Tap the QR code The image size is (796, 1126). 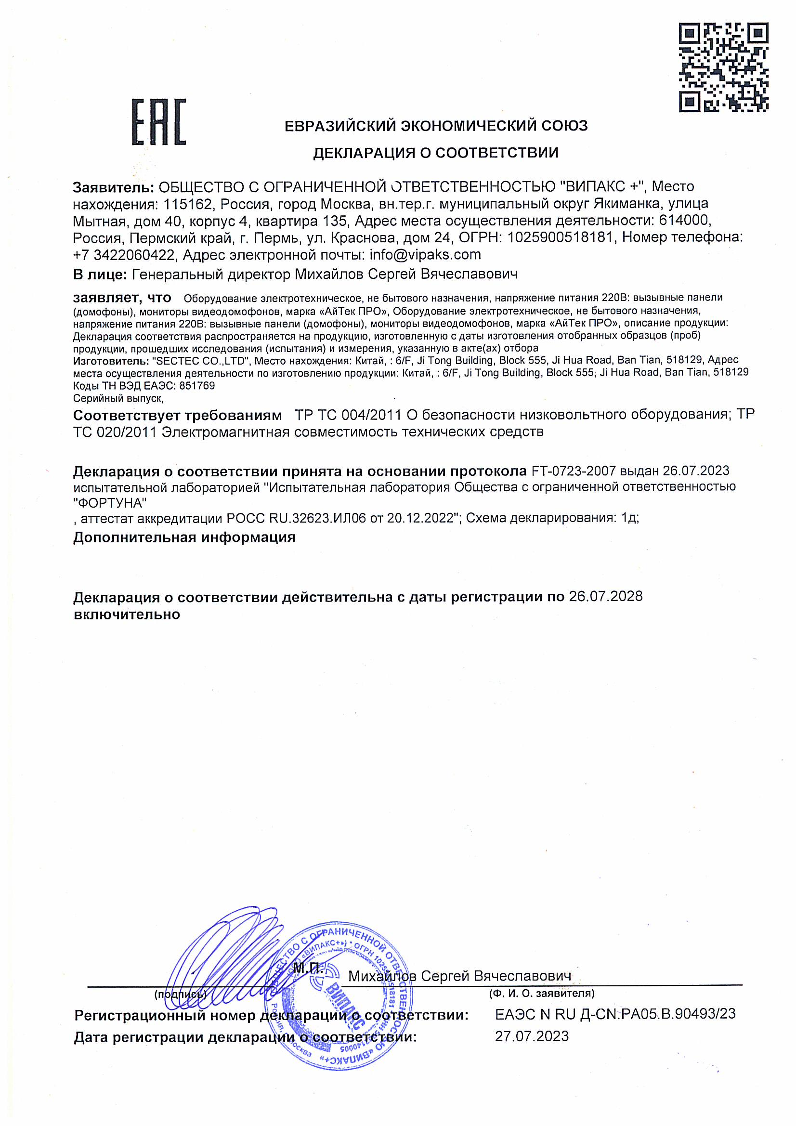tap(723, 66)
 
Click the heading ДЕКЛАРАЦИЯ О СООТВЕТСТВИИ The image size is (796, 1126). tap(435, 153)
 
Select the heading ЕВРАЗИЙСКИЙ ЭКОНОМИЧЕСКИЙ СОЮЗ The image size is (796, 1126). tap(436, 126)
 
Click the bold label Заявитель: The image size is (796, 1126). tap(113, 187)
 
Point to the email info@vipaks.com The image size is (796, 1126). tap(425, 254)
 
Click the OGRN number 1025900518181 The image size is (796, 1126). tap(560, 237)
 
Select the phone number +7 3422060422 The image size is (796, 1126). tap(124, 254)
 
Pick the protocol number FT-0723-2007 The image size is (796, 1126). tap(574, 471)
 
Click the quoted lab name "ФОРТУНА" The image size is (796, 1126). tap(110, 503)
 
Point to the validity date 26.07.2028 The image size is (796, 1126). tap(605, 596)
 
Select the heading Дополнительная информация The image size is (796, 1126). tap(184, 537)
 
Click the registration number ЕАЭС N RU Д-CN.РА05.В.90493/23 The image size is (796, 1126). tap(615, 1014)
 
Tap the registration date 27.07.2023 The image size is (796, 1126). tap(532, 1036)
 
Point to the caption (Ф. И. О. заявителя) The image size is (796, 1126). tap(541, 994)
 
